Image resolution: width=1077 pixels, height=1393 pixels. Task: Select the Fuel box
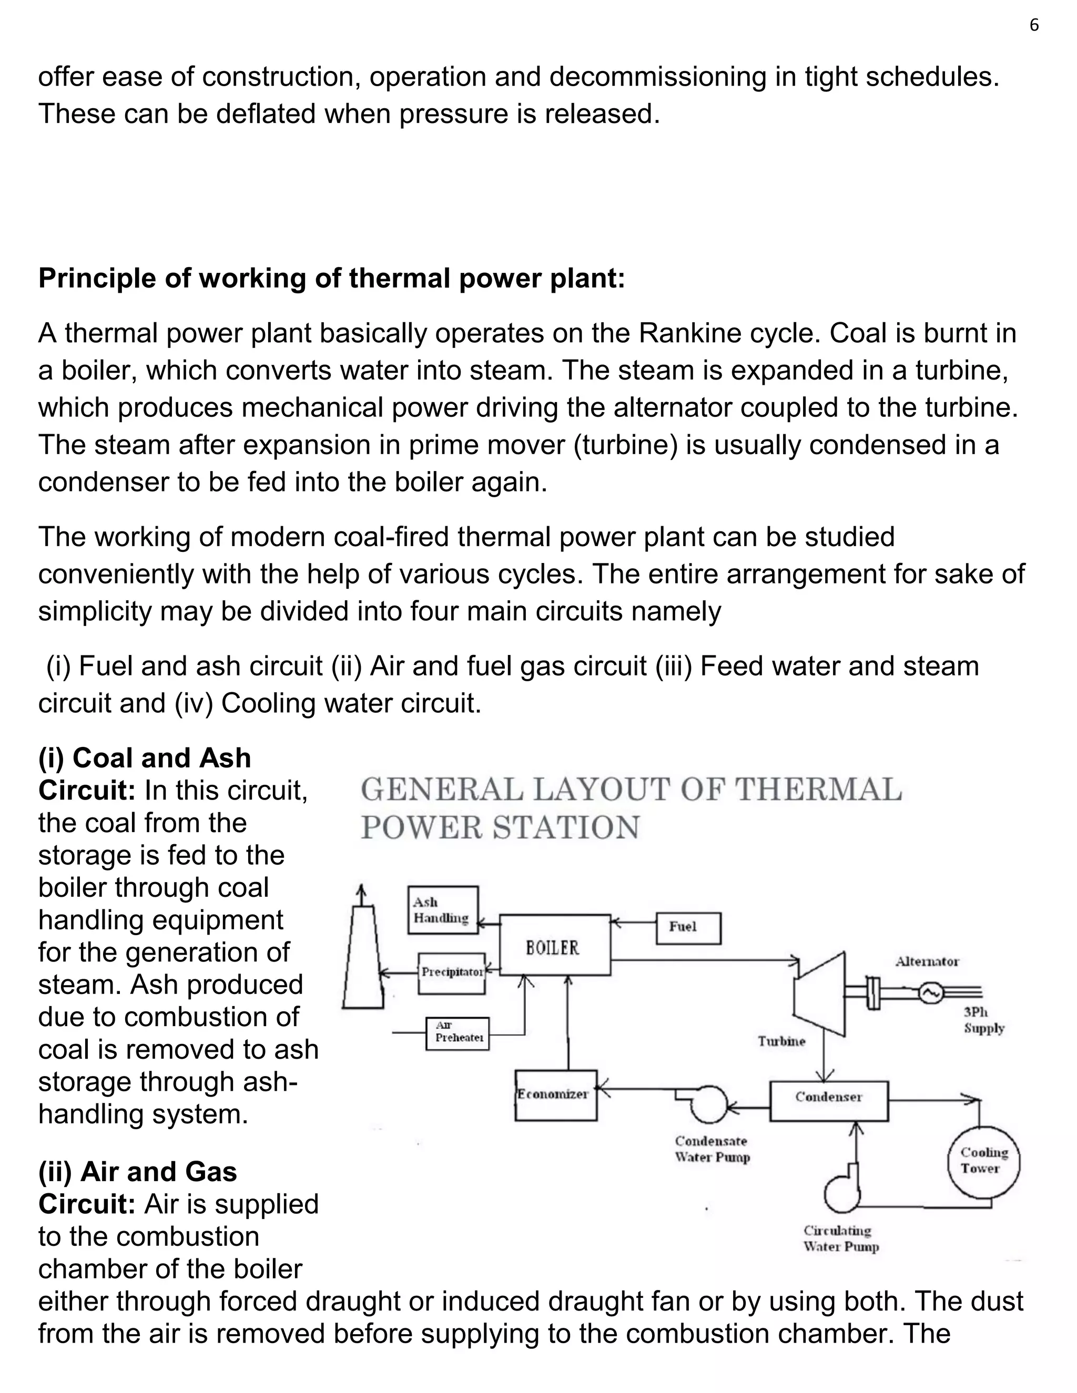coord(688,927)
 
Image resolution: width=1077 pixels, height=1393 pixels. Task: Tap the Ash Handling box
coord(443,910)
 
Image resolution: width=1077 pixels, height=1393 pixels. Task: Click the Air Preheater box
coord(458,1033)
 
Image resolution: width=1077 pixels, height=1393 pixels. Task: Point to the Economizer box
coord(556,1095)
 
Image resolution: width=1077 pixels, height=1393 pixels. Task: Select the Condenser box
coord(829,1097)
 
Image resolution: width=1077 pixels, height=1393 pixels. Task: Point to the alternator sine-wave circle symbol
coord(930,992)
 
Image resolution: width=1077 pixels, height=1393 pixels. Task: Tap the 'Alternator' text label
coord(927,961)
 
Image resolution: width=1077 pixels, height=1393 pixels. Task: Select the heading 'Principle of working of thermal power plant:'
coord(332,279)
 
